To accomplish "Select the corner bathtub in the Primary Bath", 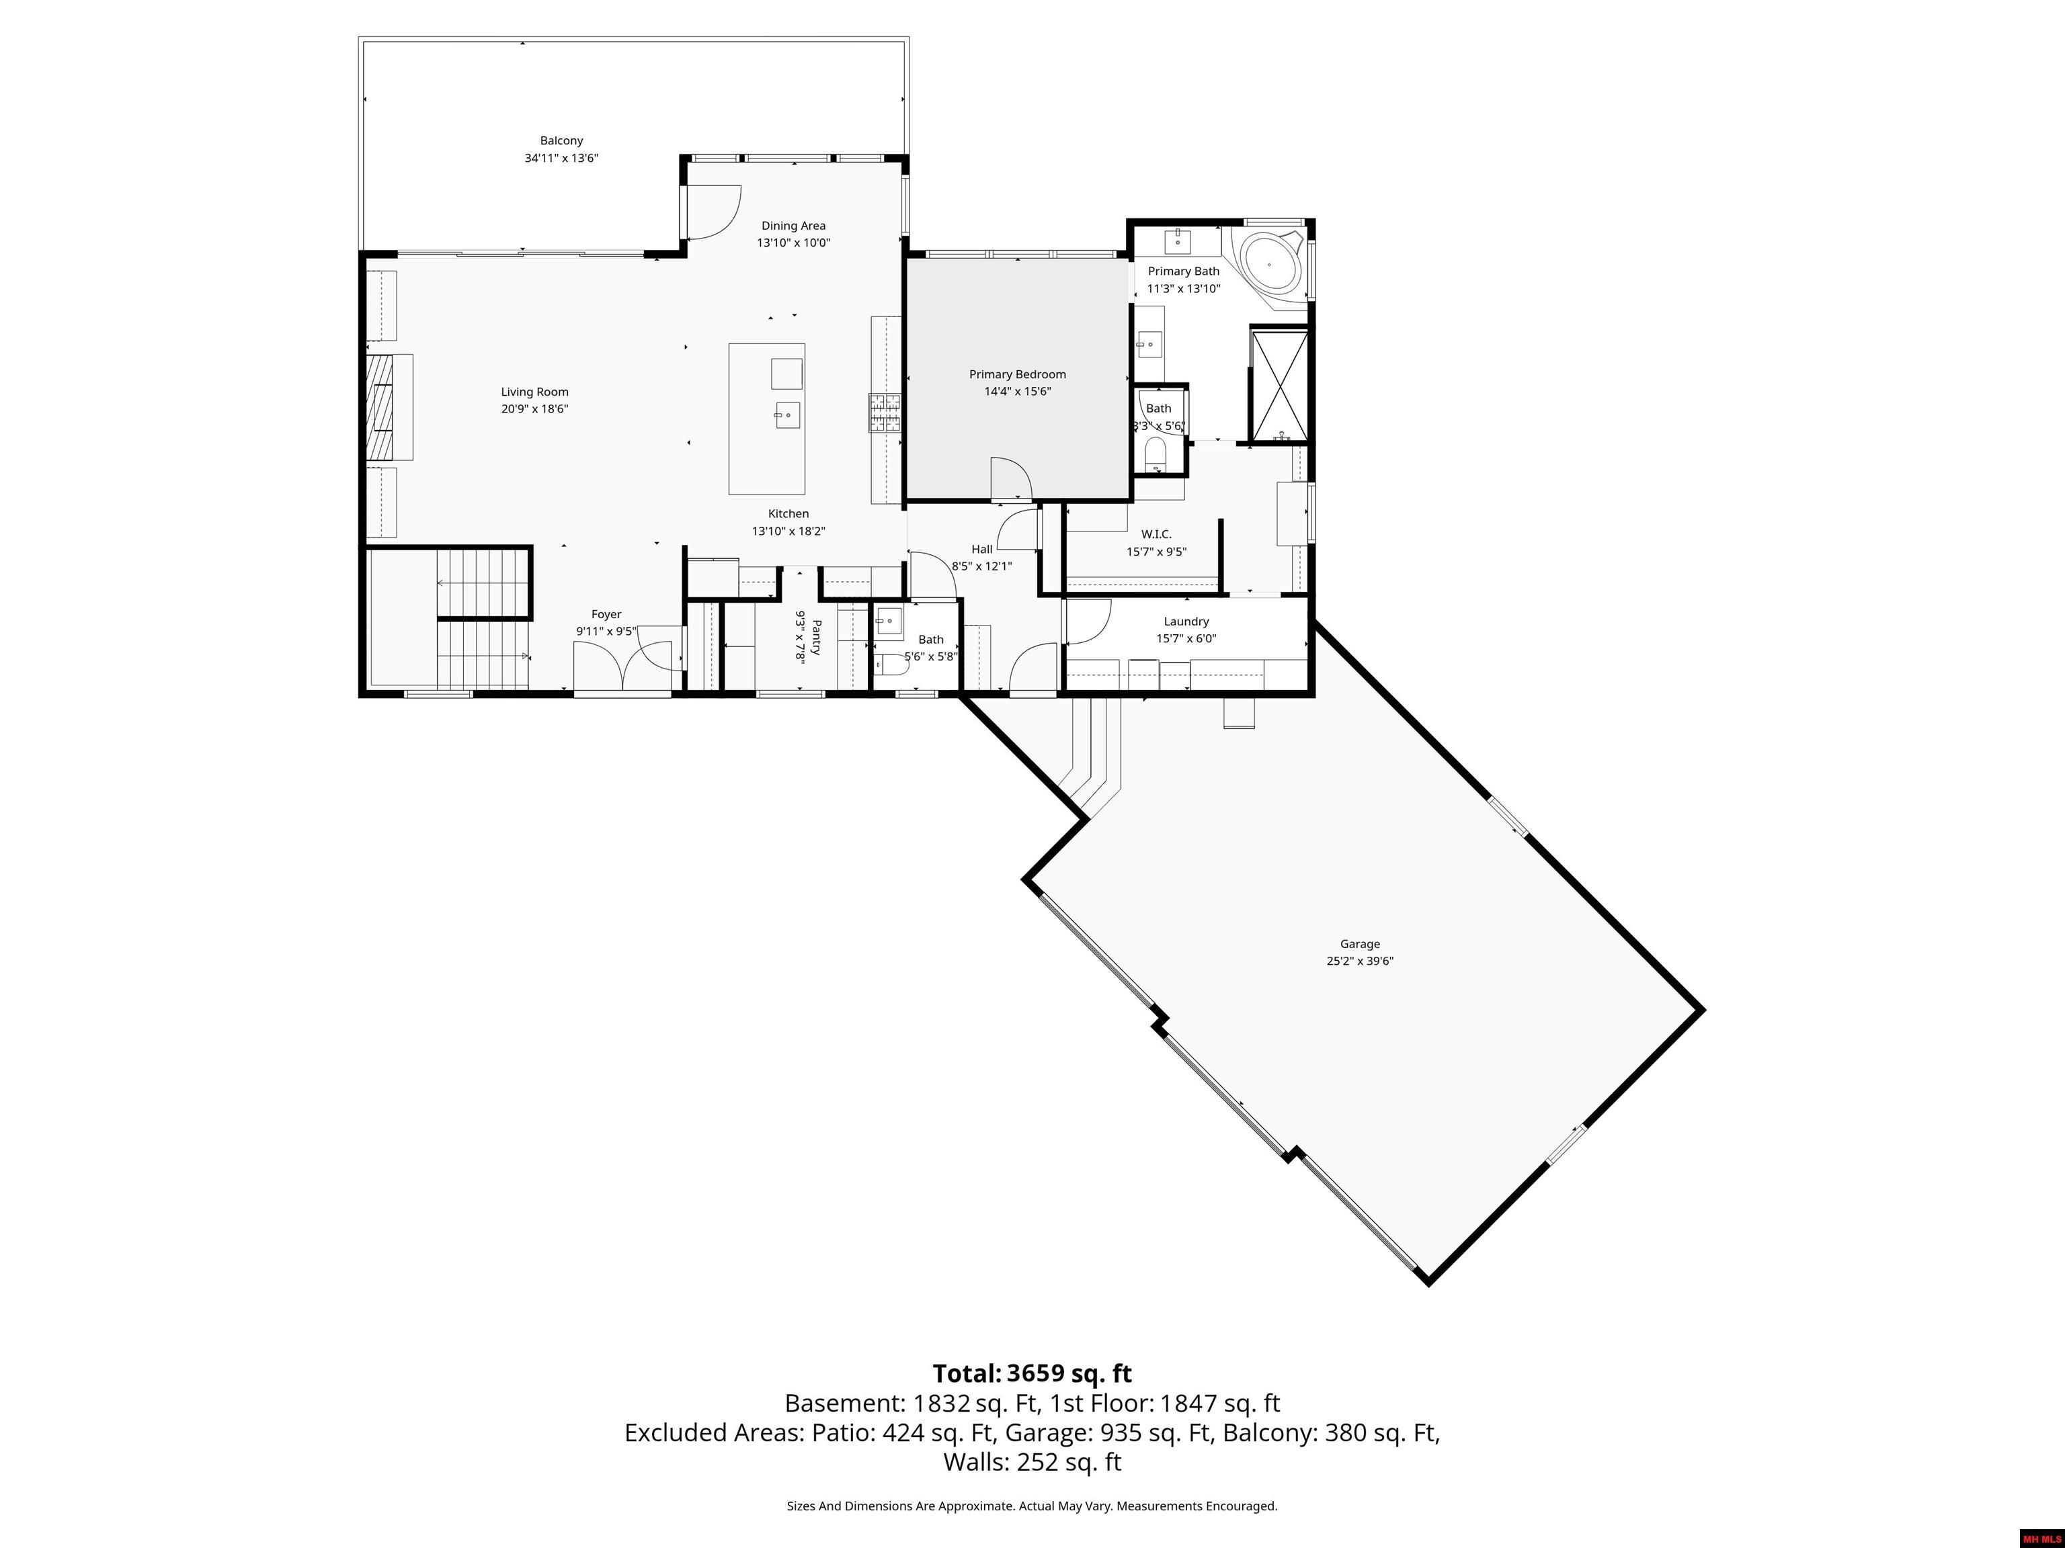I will (1268, 264).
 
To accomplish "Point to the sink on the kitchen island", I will (787, 415).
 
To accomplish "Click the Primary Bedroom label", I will (1016, 374).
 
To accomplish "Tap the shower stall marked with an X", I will (1279, 384).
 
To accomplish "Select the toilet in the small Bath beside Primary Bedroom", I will (1155, 456).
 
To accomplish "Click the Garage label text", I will (1359, 943).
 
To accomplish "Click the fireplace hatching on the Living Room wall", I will (380, 408).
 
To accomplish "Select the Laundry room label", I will (1186, 621).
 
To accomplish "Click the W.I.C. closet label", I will (1156, 533).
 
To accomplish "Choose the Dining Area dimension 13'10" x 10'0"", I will (793, 243).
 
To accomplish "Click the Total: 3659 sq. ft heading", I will (1032, 1373).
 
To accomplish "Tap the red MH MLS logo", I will (2041, 1539).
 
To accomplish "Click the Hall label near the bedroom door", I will (981, 549).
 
